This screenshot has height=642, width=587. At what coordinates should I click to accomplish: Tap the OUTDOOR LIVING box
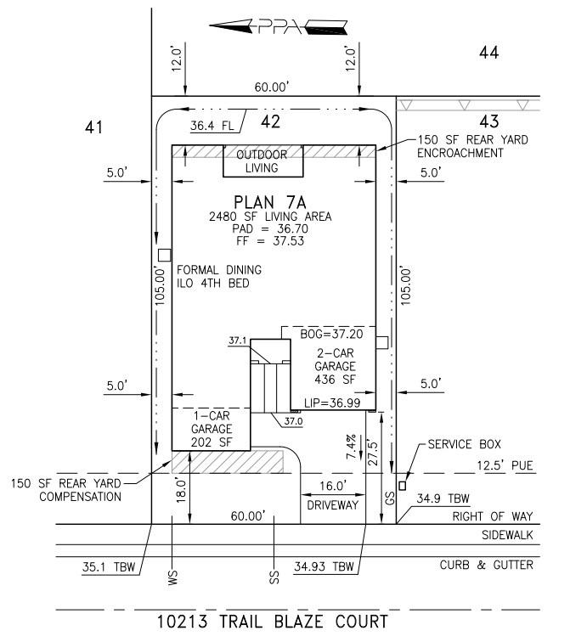point(262,161)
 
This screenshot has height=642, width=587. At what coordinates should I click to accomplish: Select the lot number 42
point(270,122)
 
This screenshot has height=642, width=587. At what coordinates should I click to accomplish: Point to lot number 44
point(488,53)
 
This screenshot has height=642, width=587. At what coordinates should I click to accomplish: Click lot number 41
point(93,127)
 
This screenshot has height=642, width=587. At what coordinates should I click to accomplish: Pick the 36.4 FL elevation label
point(212,126)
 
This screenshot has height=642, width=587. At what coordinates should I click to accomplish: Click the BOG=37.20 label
point(328,335)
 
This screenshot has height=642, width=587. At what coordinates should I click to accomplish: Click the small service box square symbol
point(403,486)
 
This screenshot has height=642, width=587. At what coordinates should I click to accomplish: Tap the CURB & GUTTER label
point(486,565)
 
